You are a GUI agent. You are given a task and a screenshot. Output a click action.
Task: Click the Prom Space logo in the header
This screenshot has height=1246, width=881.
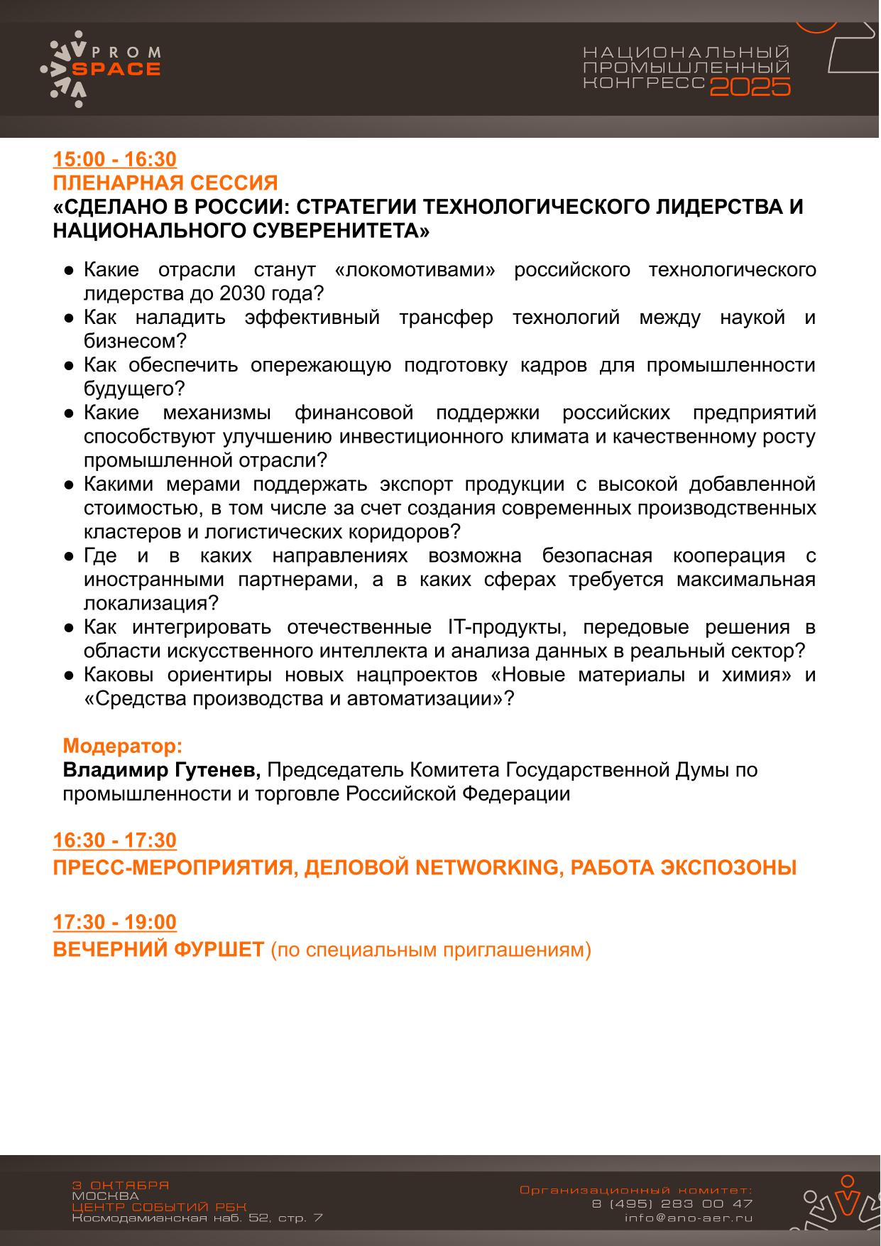point(101,68)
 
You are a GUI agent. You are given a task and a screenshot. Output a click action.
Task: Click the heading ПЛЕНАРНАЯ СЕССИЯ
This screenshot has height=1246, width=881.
point(165,183)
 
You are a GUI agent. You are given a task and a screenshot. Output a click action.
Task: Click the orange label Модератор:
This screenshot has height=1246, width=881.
point(123,746)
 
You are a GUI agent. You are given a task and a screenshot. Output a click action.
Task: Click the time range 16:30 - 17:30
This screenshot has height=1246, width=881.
point(115,840)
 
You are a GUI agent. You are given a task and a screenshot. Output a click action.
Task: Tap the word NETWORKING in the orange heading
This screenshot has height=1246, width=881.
point(486,867)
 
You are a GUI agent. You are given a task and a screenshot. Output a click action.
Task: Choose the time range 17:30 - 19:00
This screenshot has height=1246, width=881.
point(115,922)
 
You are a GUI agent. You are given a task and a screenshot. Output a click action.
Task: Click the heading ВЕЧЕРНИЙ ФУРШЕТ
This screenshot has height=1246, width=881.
point(158,950)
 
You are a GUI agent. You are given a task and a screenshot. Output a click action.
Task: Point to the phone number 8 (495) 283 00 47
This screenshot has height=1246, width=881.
point(672,1203)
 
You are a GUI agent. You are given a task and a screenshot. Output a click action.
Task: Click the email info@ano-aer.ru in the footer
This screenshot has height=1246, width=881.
point(688,1218)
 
